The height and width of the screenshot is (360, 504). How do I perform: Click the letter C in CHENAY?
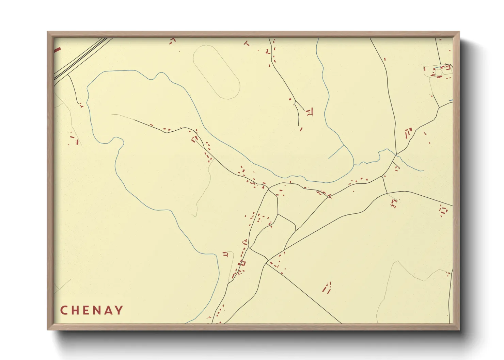pyautogui.click(x=64, y=310)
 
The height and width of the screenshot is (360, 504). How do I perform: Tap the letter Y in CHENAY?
pyautogui.click(x=119, y=310)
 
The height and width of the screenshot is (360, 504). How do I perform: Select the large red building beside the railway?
pyautogui.click(x=57, y=50)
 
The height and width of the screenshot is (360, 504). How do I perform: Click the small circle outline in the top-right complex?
pyautogui.click(x=439, y=72)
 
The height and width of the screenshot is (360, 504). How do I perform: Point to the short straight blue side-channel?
pyautogui.click(x=336, y=152)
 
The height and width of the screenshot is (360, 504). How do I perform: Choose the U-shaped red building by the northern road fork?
pyautogui.click(x=310, y=112)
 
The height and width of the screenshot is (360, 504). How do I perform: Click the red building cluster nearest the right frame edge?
pyautogui.click(x=443, y=210)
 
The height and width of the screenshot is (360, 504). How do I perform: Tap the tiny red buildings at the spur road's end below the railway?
pyautogui.click(x=81, y=105)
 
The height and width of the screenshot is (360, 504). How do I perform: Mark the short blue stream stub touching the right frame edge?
pyautogui.click(x=451, y=100)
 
